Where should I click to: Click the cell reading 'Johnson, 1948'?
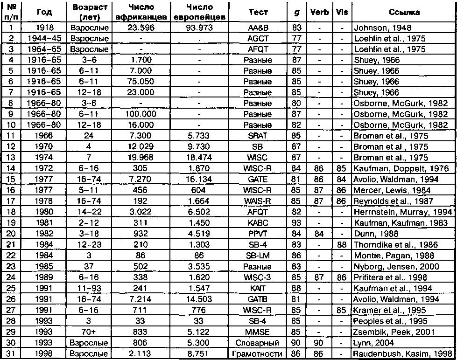[376, 28]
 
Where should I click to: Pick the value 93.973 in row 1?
[199, 28]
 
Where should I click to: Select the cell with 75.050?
[141, 81]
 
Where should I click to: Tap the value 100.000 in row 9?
[141, 113]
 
